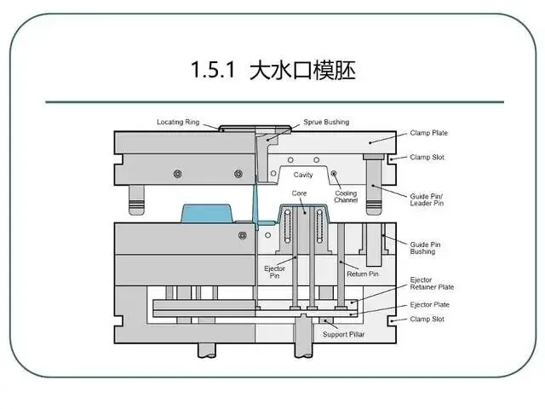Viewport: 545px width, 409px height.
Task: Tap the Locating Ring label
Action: tap(178, 122)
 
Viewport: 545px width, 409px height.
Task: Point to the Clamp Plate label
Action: tap(428, 133)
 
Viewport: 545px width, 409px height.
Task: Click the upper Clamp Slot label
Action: tap(427, 157)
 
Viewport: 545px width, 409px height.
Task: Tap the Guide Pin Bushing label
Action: tap(425, 248)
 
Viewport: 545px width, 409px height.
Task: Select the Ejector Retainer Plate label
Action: tap(432, 283)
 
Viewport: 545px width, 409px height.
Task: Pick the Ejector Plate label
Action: tap(430, 304)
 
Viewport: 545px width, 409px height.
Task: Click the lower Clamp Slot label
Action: tap(427, 319)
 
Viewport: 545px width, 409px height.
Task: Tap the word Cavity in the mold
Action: tap(304, 176)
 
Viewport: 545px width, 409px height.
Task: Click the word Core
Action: tap(299, 193)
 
